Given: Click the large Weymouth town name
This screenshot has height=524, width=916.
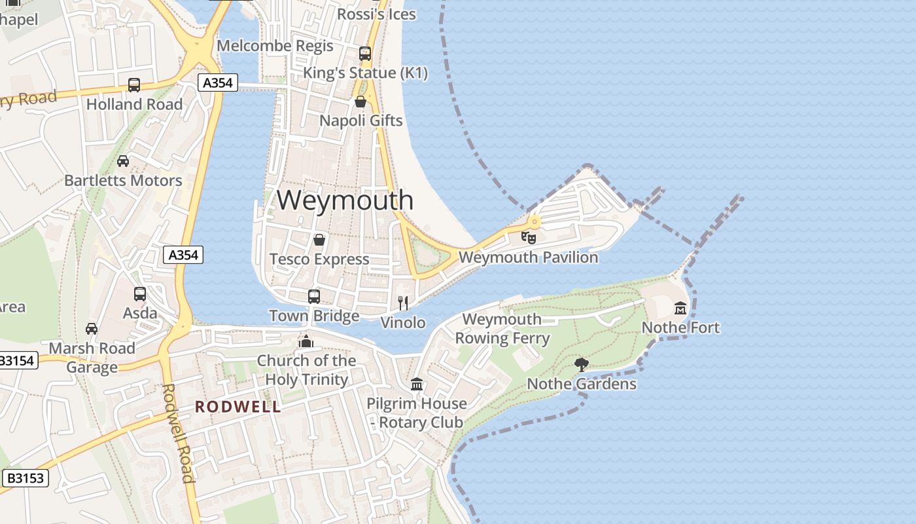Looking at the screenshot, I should (345, 200).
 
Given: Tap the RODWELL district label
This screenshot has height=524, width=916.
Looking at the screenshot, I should (238, 407).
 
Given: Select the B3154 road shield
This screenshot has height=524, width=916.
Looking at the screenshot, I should (18, 360).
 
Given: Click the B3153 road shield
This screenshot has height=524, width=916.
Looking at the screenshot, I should (26, 478).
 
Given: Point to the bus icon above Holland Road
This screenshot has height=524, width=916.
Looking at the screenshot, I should (134, 85).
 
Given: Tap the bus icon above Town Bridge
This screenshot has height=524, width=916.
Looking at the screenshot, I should (314, 296).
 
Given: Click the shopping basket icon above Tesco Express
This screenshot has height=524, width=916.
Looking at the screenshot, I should (319, 240).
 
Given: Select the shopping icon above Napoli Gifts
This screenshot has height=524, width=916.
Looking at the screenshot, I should (361, 102).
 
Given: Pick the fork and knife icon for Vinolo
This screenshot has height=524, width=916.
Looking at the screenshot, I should (403, 303).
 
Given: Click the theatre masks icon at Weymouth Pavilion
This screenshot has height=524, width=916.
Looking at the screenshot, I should (529, 237).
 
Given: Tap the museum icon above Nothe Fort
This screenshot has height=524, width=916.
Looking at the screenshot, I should (680, 308).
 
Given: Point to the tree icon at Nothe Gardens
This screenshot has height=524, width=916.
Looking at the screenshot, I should (580, 364).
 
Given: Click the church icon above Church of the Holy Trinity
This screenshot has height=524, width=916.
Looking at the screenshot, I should (306, 341).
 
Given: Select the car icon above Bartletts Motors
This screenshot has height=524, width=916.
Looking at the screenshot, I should (123, 161).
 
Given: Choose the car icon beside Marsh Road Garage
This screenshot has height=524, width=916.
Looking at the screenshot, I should (92, 329).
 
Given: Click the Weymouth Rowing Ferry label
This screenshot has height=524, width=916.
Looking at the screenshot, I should (502, 329).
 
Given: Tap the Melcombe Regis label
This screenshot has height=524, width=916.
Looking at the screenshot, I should (275, 46).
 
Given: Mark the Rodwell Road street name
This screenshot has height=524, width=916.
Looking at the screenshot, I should (178, 432).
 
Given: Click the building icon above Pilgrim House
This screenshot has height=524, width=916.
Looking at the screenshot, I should (417, 384).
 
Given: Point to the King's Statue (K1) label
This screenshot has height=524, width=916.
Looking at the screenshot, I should (365, 73).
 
